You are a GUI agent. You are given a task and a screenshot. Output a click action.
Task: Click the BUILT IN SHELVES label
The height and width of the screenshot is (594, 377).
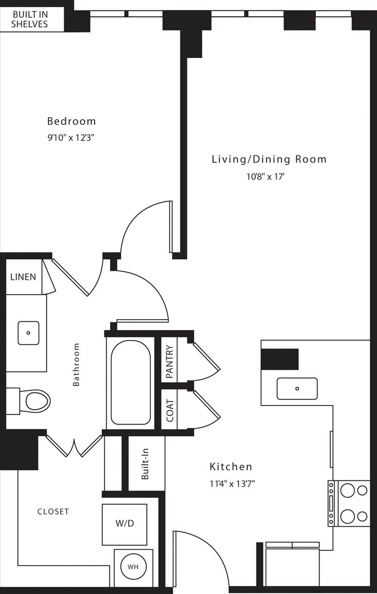coord(30,19)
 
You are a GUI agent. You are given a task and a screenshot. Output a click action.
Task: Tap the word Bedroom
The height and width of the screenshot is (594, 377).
coord(71,121)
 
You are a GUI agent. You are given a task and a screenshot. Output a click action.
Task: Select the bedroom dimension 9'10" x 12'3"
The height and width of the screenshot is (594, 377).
coord(71,138)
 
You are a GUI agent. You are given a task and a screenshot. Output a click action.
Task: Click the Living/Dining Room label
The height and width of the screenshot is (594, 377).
coord(269,159)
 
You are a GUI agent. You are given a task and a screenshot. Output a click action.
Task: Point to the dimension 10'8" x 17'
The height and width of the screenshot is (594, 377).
coord(264,176)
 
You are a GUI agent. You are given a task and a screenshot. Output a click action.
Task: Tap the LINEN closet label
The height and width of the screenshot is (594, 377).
coord(23,277)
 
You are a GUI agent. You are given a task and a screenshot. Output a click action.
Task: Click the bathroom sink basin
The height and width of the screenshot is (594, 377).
coord(29,333)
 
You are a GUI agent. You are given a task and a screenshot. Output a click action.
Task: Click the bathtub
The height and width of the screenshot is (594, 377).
coord(130,382)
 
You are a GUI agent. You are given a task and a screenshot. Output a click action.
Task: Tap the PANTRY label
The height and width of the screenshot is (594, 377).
coord(170,362)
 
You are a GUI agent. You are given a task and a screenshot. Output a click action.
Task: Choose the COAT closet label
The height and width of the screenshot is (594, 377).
coord(170,411)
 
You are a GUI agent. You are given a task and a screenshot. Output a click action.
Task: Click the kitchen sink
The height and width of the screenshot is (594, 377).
coord(297,388)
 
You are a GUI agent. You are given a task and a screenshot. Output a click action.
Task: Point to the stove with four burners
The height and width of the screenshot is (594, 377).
coord(353,503)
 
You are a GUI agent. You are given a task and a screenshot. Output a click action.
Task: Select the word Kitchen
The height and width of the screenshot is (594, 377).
coord(231,466)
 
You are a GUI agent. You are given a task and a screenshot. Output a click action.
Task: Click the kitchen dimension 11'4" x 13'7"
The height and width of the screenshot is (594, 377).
coord(232,484)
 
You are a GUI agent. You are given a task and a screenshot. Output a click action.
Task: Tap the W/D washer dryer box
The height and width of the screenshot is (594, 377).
coord(124,524)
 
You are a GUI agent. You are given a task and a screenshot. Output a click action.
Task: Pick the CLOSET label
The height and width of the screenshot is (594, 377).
coord(53,511)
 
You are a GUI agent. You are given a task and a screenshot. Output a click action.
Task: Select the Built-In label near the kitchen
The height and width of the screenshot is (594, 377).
coord(146,465)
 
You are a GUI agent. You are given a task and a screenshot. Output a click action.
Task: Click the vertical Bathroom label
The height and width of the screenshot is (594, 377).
coord(77,364)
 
